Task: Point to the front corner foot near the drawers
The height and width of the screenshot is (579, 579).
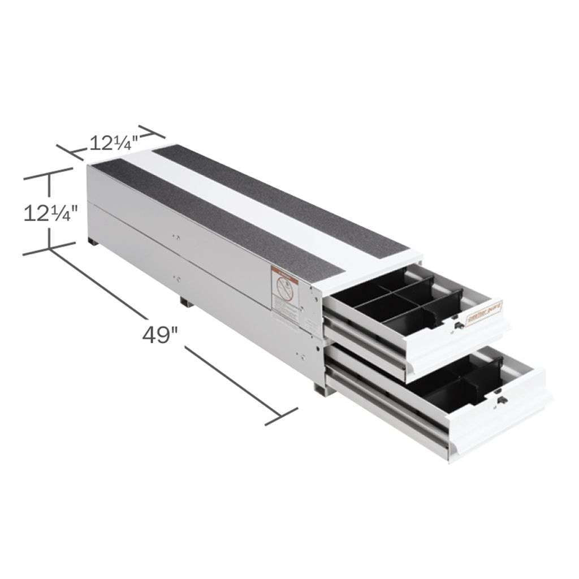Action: [320, 390]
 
